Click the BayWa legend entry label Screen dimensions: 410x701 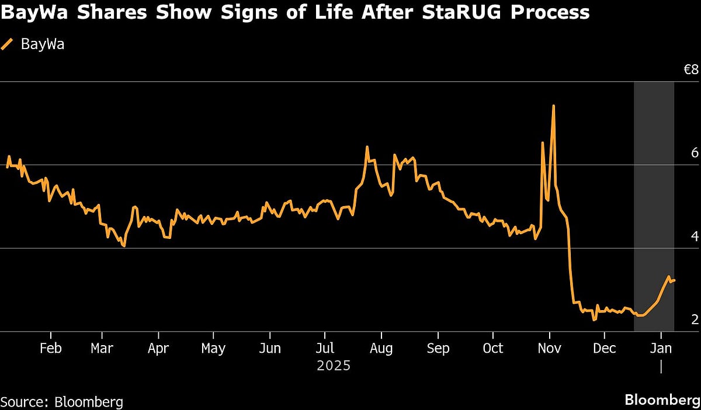[x=43, y=45]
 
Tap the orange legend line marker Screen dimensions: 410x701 [x=8, y=44]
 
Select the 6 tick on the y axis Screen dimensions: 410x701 [x=695, y=153]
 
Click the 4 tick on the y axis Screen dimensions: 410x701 [x=695, y=237]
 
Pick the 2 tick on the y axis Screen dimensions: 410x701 [x=695, y=319]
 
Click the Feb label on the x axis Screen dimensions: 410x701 [x=50, y=349]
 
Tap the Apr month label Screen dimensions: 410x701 [x=158, y=349]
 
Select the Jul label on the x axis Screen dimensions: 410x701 [x=325, y=349]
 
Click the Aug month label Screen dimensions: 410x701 [x=381, y=349]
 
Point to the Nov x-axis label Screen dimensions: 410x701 [x=549, y=349]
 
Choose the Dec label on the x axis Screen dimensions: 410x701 [x=605, y=349]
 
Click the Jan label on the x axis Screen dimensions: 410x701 [x=661, y=349]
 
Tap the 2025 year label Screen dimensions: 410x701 [x=333, y=366]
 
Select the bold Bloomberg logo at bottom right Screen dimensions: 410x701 [x=662, y=400]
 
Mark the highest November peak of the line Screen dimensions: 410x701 [x=553, y=106]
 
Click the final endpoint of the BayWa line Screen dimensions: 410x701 [x=675, y=280]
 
